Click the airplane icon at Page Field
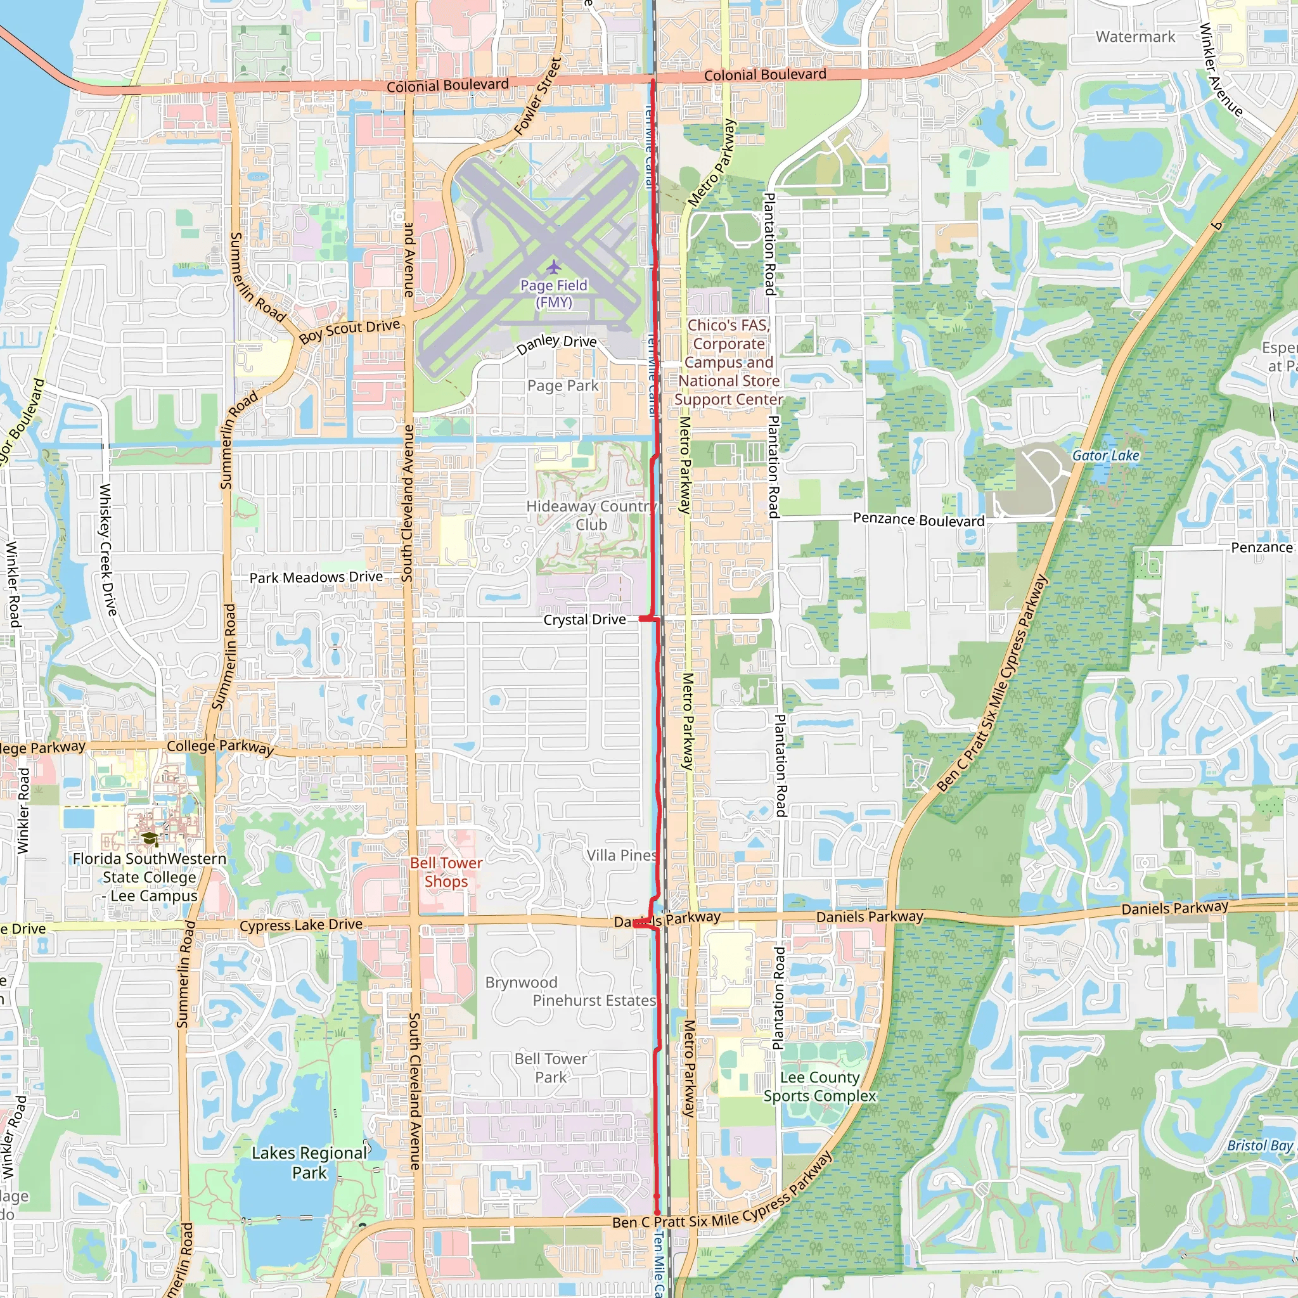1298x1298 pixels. tap(553, 267)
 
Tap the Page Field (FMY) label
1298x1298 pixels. tap(553, 294)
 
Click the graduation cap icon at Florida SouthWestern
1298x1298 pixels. tap(150, 839)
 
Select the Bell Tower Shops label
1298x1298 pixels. tap(446, 872)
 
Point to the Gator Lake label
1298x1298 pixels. tap(1105, 456)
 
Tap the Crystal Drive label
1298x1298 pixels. tap(584, 619)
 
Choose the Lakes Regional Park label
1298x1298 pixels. tap(309, 1162)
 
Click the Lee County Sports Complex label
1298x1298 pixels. tap(819, 1086)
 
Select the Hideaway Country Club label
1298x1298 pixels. tap(591, 515)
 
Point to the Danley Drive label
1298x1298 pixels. tap(556, 344)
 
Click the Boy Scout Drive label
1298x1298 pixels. tap(349, 331)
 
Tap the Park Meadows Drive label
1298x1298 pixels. tap(316, 578)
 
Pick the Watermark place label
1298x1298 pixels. tap(1135, 37)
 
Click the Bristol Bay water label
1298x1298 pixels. tap(1260, 1145)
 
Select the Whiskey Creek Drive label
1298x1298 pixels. tap(108, 549)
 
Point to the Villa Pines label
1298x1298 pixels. tap(622, 855)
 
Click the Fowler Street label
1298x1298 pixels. tap(537, 96)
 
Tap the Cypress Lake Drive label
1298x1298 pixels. tap(301, 925)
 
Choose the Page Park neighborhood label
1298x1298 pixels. tap(562, 385)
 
